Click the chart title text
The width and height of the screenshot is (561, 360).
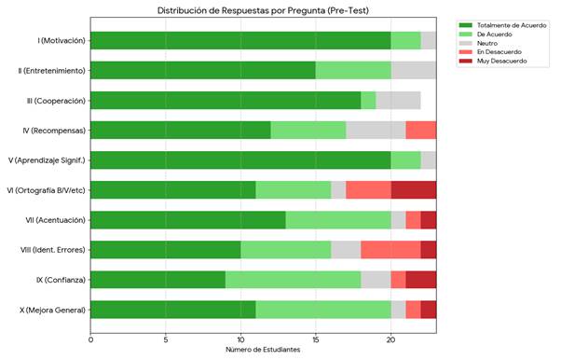263,10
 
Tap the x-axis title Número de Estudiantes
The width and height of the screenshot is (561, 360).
263,350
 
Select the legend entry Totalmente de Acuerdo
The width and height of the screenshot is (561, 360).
502,25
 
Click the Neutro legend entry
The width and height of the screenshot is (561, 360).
478,43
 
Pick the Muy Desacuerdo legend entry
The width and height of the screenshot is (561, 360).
493,61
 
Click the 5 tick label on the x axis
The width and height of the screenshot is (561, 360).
165,339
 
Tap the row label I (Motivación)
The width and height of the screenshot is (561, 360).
62,40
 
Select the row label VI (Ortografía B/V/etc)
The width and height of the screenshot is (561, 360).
47,190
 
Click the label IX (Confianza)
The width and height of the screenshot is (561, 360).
61,280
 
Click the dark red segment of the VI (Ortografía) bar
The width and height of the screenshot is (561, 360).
414,190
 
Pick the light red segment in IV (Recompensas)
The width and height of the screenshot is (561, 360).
421,130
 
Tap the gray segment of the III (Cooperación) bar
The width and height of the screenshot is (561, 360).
399,101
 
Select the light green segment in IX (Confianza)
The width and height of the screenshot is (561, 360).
293,280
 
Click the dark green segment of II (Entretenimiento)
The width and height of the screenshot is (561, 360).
203,70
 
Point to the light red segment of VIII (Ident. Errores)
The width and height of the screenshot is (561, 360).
391,250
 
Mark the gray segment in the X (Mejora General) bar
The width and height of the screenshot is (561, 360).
399,310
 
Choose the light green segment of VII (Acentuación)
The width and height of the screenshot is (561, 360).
338,220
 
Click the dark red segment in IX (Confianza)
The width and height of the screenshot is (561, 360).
421,280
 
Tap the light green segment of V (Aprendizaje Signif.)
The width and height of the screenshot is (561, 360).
406,160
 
